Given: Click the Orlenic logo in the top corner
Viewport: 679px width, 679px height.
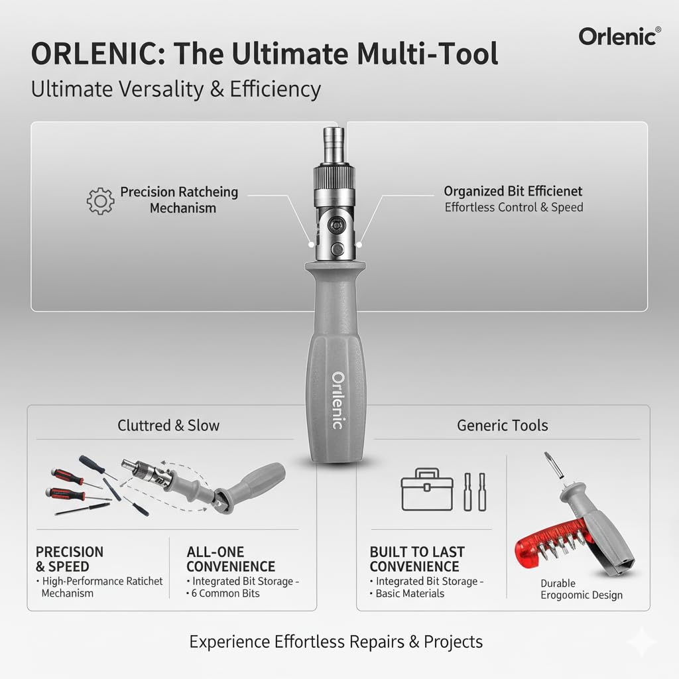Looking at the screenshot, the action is click(620, 36).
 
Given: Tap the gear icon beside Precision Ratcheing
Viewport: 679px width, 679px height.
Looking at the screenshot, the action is click(101, 201).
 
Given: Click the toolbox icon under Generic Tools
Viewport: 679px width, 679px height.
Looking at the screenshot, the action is click(427, 489).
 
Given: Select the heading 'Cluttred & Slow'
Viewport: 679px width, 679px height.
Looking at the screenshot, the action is click(168, 425).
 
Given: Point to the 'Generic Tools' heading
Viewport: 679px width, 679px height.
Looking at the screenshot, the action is click(503, 425).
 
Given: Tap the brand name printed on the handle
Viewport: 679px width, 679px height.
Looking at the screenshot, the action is click(338, 401).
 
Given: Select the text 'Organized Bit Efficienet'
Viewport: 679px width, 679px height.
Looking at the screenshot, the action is click(513, 191).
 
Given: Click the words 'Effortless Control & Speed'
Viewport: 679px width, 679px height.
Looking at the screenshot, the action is click(514, 208).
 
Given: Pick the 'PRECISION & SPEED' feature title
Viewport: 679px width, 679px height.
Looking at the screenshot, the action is click(69, 559).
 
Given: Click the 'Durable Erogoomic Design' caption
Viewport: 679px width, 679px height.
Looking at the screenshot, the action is click(581, 589).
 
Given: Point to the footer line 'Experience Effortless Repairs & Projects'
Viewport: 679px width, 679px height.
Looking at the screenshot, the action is click(336, 642).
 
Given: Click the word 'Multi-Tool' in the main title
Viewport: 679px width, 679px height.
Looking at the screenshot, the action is click(428, 54).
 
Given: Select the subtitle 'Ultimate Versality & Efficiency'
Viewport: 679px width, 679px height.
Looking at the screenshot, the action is click(176, 90).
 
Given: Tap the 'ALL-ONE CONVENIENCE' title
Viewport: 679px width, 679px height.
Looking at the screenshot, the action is click(230, 559).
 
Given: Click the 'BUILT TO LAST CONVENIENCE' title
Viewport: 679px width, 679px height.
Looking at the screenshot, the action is click(416, 559).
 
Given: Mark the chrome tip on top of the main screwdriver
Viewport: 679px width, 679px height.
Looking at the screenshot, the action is click(334, 145).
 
